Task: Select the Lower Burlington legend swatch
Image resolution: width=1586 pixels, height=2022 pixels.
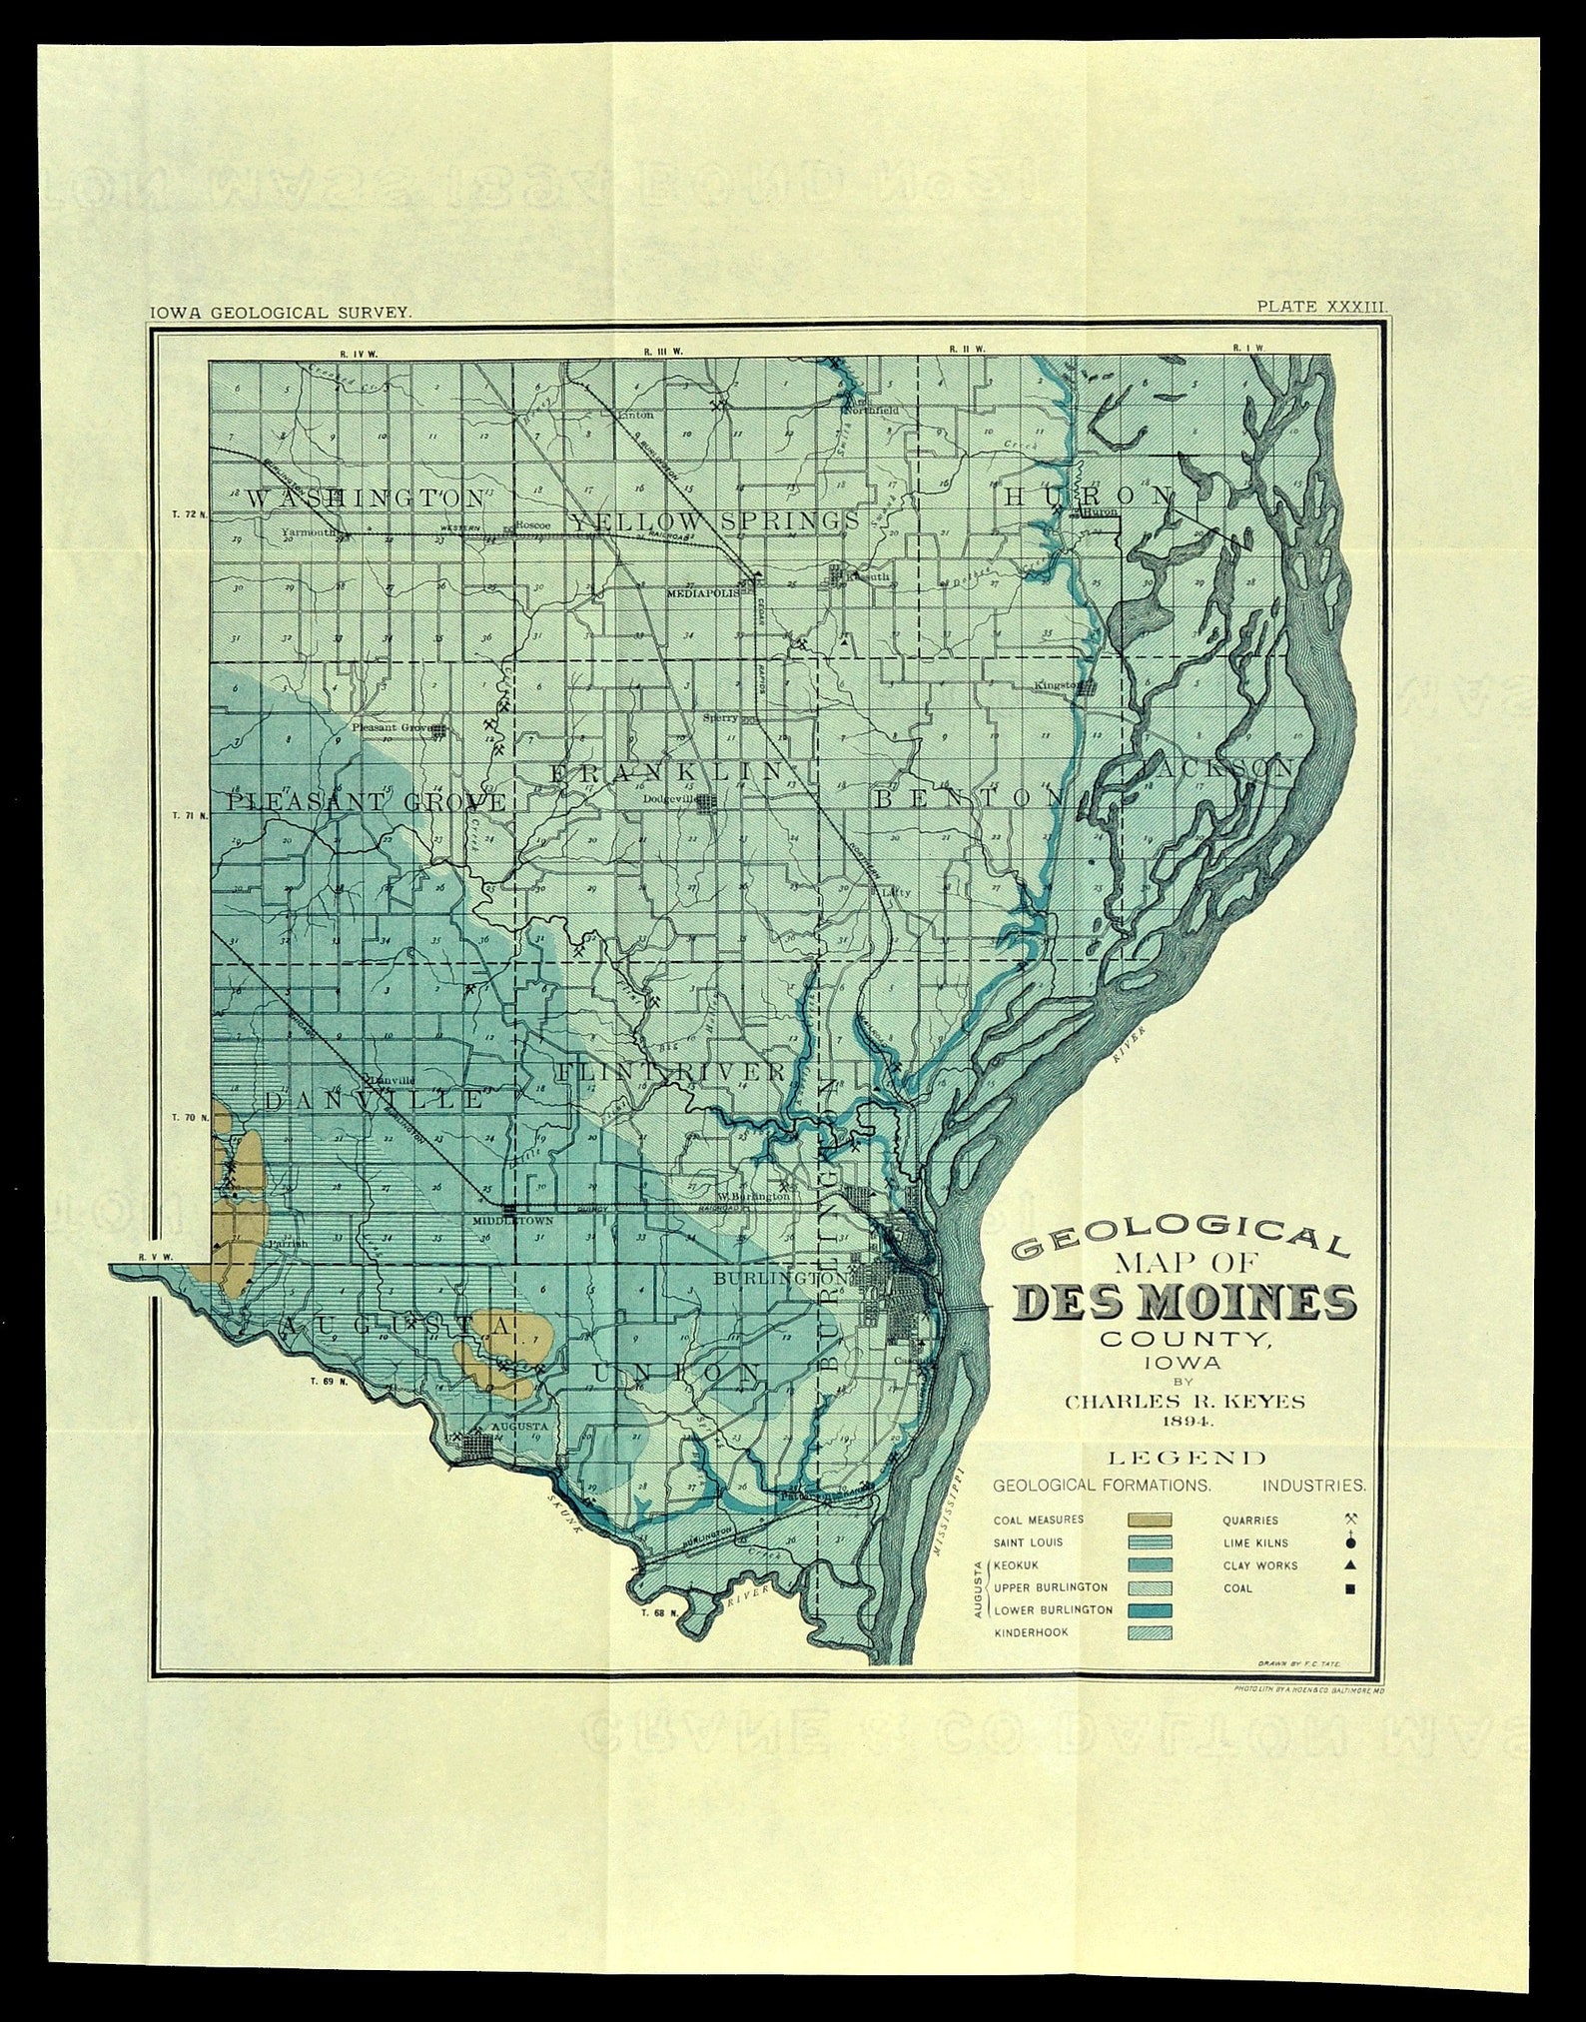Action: click(1150, 1610)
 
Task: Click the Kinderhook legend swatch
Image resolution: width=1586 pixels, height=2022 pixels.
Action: click(1150, 1633)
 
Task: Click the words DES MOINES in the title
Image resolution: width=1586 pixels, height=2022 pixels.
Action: click(1186, 1303)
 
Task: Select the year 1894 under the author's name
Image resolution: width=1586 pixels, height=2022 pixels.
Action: click(1185, 1421)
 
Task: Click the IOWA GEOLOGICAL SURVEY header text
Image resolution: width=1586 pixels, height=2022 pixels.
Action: click(281, 313)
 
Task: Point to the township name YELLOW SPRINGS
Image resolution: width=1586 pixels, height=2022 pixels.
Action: click(715, 521)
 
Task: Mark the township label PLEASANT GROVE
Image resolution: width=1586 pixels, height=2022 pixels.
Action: click(367, 801)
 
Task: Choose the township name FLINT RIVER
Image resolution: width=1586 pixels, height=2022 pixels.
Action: click(672, 1072)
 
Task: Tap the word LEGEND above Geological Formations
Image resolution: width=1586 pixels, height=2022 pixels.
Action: click(1185, 1459)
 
